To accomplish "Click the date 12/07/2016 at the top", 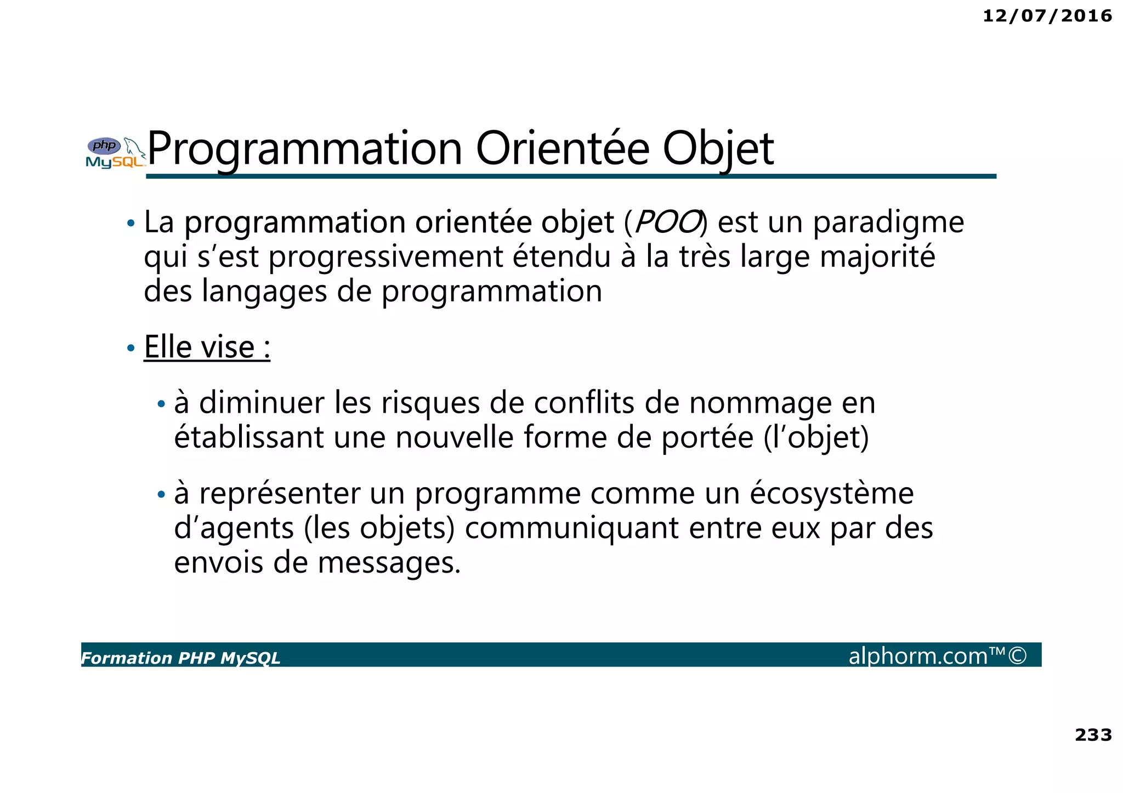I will coord(1047,16).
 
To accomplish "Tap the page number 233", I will coord(1093,734).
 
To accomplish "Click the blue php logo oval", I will coord(104,146).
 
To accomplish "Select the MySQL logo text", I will coord(115,162).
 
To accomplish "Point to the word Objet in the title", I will coord(718,149).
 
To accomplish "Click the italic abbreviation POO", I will coord(667,223).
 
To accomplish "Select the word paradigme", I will coord(888,223).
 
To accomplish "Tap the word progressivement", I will coord(385,257).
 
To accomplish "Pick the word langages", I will coord(264,291).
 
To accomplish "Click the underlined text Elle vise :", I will coord(207,347).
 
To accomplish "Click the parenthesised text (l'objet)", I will coord(816,438).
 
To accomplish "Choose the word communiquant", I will coord(572,529).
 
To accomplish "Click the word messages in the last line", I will coord(389,563).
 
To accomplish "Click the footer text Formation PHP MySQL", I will coord(180,658).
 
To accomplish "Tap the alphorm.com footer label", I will coord(937,655).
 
